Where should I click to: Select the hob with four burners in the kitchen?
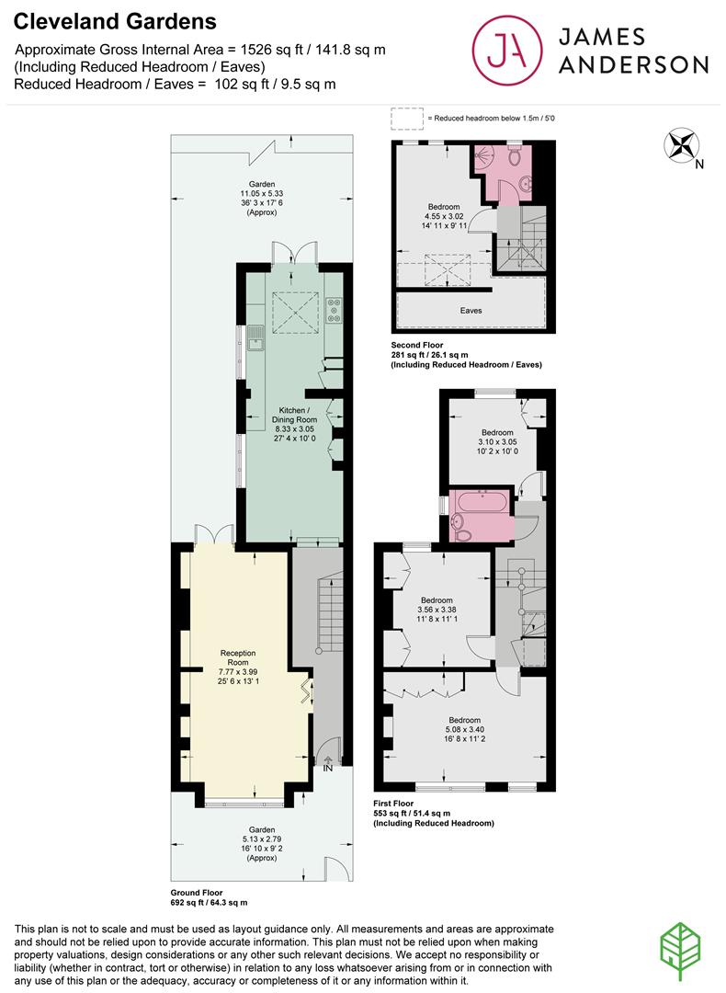334,314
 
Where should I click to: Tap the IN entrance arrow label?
327,767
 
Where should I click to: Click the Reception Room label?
236,658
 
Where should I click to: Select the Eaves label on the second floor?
471,311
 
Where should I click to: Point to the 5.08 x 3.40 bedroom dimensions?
465,731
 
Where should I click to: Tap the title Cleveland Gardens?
116,20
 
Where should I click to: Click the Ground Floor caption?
197,893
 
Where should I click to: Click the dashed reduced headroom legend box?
404,118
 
